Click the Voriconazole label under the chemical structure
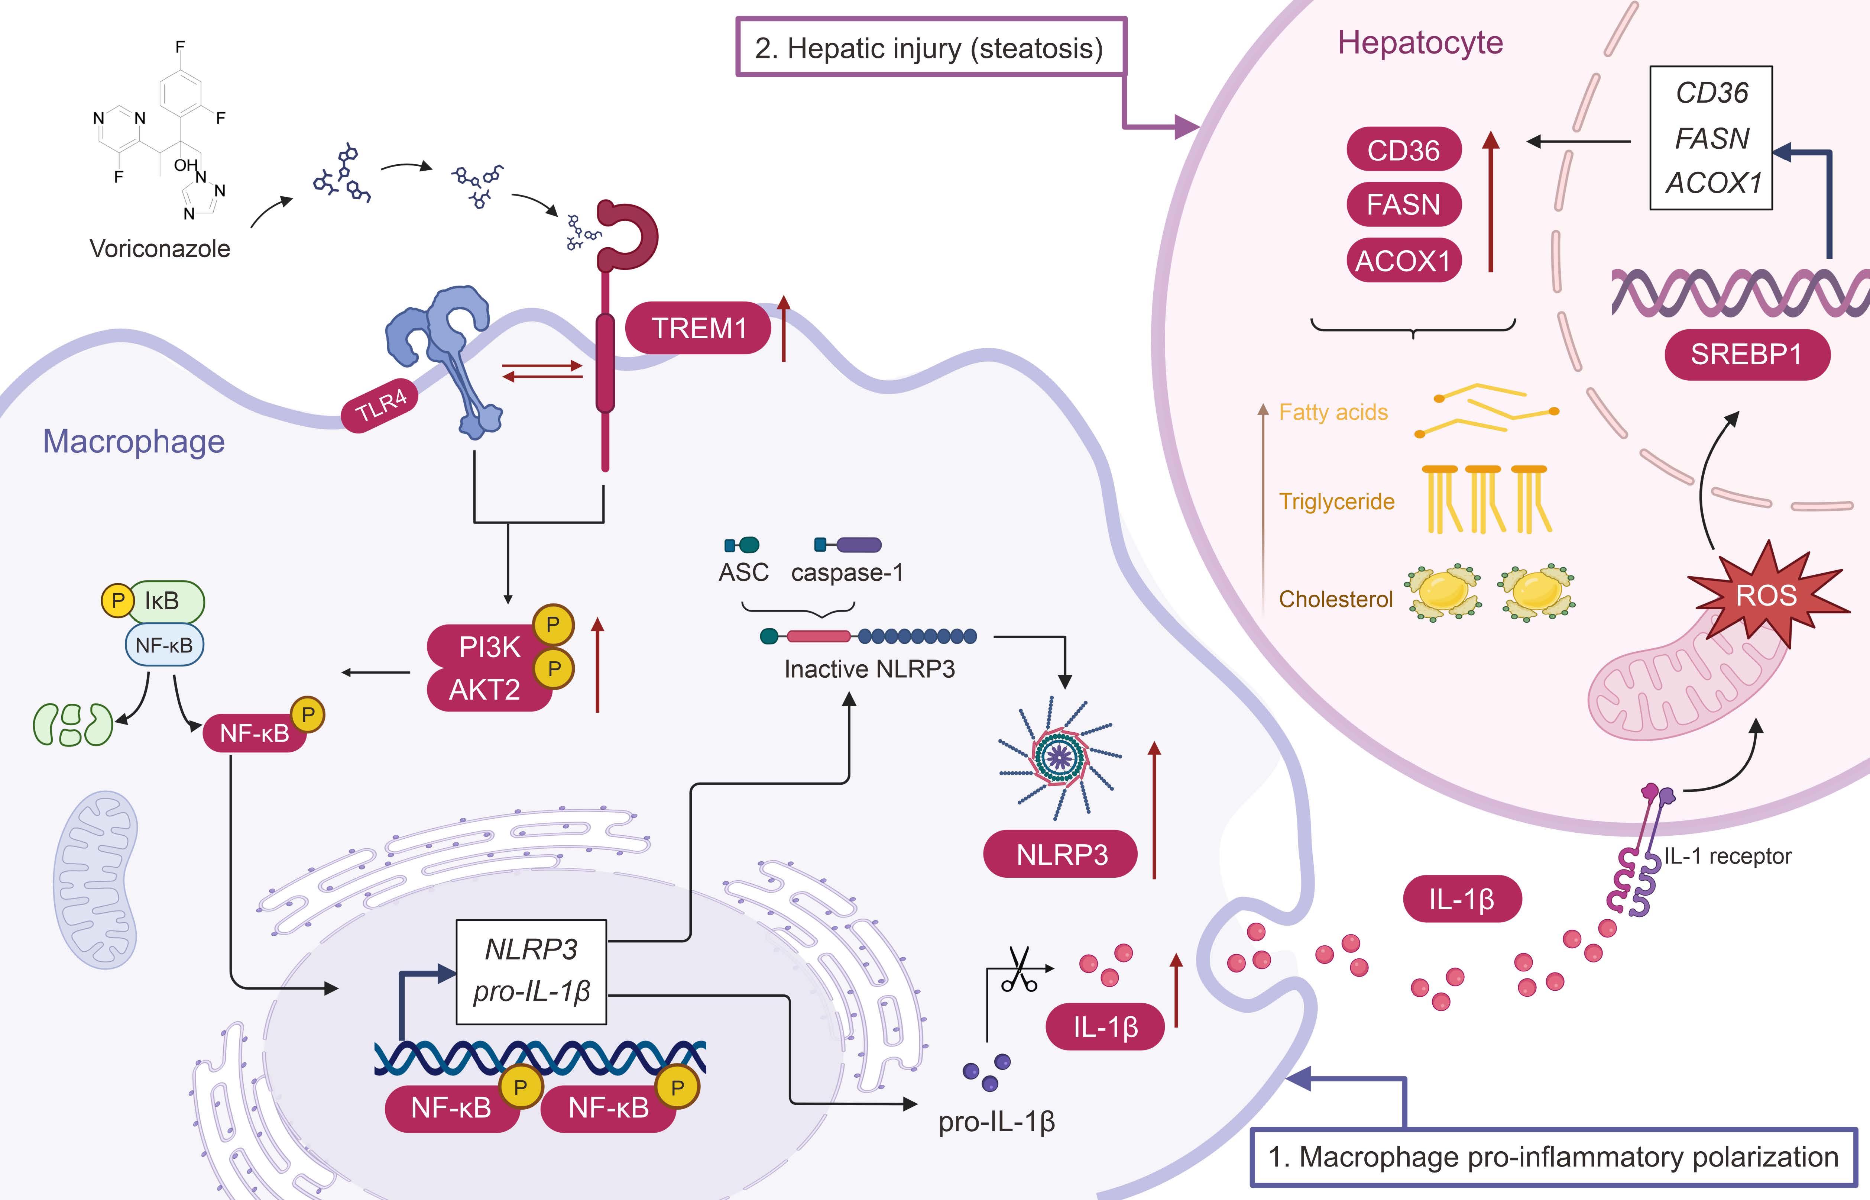click(x=160, y=249)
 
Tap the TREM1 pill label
click(x=699, y=328)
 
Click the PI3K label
click(x=489, y=647)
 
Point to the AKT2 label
click(x=484, y=690)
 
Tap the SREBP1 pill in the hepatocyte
click(x=1746, y=355)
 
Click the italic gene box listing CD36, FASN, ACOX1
click(x=1711, y=138)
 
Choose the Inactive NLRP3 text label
click(x=869, y=668)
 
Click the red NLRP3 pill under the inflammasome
click(x=1061, y=855)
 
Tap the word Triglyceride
click(x=1336, y=501)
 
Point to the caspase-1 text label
click(x=848, y=573)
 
